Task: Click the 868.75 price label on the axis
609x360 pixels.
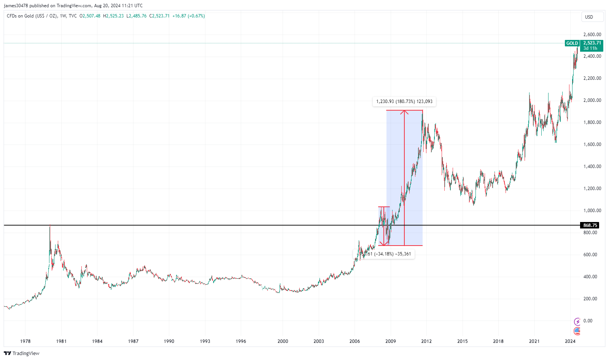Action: click(x=590, y=225)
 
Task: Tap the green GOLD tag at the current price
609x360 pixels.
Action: click(x=572, y=43)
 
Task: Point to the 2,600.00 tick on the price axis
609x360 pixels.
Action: click(x=592, y=35)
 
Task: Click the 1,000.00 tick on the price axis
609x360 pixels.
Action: click(x=592, y=211)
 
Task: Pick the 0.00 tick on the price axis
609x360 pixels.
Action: click(x=588, y=321)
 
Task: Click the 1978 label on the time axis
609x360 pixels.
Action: click(x=25, y=341)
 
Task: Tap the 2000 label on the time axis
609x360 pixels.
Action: click(x=283, y=341)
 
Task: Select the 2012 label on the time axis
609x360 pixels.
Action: click(x=426, y=341)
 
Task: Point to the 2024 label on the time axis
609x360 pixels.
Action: click(x=570, y=341)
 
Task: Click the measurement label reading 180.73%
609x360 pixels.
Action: click(x=404, y=101)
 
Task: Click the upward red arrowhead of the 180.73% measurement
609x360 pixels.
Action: click(x=404, y=112)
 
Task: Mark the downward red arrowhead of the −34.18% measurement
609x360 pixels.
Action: click(x=384, y=243)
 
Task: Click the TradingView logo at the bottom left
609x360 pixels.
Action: click(x=22, y=354)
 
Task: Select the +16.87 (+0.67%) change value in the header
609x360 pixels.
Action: click(x=189, y=16)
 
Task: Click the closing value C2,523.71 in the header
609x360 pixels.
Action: click(x=159, y=16)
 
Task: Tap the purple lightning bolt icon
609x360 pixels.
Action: click(x=577, y=322)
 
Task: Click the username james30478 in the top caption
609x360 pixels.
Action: click(x=16, y=6)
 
